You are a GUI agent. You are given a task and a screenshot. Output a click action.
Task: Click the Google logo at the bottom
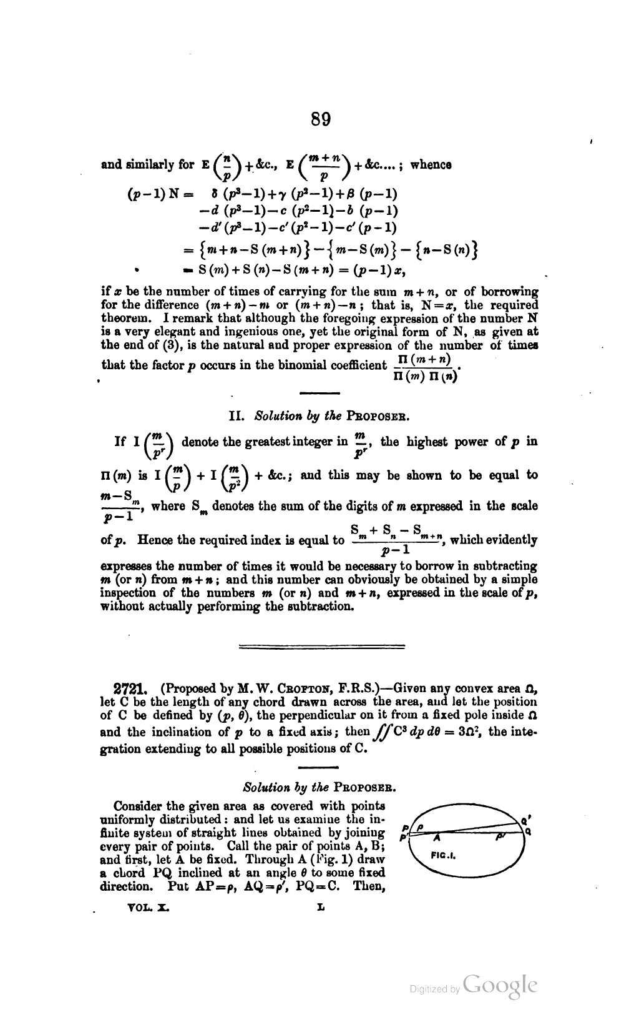500,984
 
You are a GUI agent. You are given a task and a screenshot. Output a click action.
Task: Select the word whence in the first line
431,165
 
